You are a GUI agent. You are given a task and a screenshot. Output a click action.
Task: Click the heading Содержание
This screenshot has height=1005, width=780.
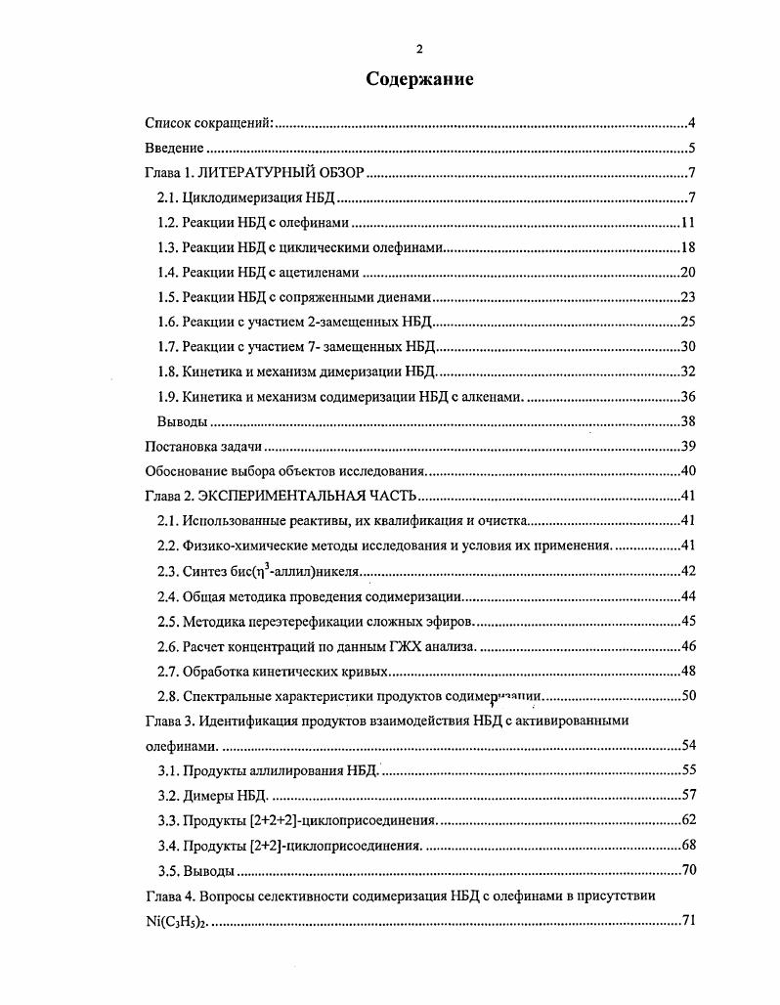(419, 79)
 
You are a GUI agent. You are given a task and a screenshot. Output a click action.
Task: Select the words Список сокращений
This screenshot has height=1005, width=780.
(208, 123)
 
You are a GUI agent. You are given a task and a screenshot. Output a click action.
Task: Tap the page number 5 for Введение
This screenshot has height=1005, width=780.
(690, 149)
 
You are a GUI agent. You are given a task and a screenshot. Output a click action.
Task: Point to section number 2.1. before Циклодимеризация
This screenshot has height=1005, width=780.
(168, 198)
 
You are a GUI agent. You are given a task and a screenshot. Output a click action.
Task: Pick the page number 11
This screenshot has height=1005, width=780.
(687, 224)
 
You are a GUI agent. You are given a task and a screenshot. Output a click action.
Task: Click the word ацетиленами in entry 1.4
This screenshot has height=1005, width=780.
(322, 273)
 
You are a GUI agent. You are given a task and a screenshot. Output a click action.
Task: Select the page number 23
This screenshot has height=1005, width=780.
(687, 297)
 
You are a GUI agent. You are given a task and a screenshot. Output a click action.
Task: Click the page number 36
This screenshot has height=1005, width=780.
(687, 397)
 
